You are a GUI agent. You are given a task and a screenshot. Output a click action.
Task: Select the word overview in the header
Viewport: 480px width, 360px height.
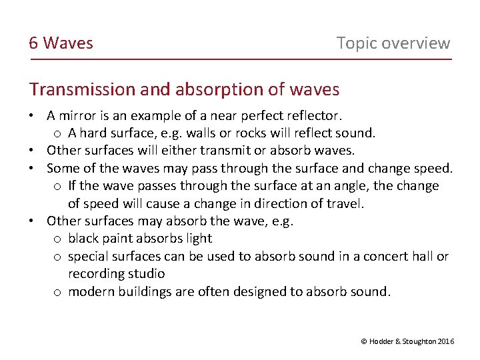click(417, 43)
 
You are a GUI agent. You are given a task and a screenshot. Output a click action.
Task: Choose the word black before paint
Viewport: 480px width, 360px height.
click(83, 238)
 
